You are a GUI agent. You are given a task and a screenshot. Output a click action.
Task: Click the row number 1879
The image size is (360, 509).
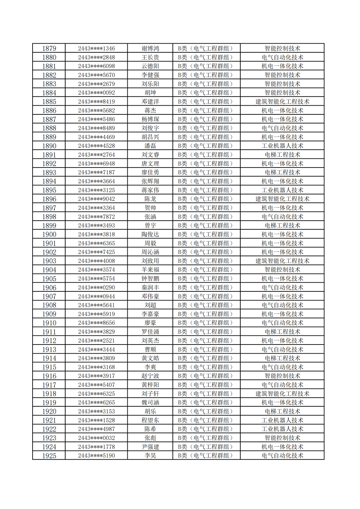pyautogui.click(x=49, y=49)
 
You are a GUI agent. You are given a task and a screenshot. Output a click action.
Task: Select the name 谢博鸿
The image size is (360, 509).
pyautogui.click(x=150, y=49)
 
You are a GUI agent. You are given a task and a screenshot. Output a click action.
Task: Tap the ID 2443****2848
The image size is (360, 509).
pyautogui.click(x=96, y=57)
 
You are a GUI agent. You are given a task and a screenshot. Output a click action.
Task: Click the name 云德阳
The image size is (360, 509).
pyautogui.click(x=150, y=66)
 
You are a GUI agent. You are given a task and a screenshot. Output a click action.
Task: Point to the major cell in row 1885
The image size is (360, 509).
pyautogui.click(x=282, y=102)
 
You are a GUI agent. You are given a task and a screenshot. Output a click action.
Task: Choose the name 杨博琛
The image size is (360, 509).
pyautogui.click(x=150, y=119)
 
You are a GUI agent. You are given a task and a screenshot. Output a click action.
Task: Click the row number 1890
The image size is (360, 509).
pyautogui.click(x=49, y=146)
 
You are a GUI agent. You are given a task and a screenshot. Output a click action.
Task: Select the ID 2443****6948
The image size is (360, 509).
pyautogui.click(x=96, y=164)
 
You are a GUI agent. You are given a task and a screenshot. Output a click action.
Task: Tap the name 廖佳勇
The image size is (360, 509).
pyautogui.click(x=150, y=172)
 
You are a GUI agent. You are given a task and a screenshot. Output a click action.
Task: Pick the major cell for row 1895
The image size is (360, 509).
pyautogui.click(x=282, y=190)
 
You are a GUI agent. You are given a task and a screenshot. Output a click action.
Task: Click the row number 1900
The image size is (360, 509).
pyautogui.click(x=49, y=235)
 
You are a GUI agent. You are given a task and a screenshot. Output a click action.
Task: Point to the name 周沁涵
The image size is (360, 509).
pyautogui.click(x=150, y=252)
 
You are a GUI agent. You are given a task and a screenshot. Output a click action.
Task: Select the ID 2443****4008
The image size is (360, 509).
pyautogui.click(x=96, y=261)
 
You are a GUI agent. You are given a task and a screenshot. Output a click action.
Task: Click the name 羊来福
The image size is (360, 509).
pyautogui.click(x=150, y=270)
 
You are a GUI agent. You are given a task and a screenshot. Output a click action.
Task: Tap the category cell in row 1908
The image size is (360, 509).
pyautogui.click(x=206, y=305)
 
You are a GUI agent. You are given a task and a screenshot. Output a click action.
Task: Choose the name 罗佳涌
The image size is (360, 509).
pyautogui.click(x=150, y=332)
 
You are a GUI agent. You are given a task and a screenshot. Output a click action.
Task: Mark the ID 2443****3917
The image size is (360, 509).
pyautogui.click(x=96, y=376)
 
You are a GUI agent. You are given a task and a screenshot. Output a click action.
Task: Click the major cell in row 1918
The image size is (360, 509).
pyautogui.click(x=282, y=394)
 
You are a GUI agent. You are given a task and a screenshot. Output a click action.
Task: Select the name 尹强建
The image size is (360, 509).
pyautogui.click(x=150, y=447)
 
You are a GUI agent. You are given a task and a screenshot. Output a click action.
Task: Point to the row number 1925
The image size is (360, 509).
pyautogui.click(x=49, y=456)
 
